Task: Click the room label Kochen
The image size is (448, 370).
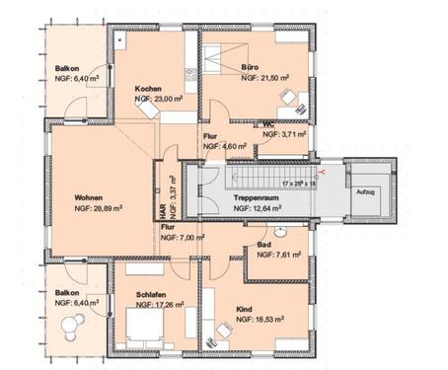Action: [148, 89]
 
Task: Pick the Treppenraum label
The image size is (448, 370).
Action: [253, 198]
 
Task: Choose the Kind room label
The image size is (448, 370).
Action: [244, 309]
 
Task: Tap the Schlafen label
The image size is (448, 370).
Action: [138, 294]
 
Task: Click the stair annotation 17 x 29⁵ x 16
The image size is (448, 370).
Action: [296, 183]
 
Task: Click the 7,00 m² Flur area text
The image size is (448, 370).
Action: [187, 237]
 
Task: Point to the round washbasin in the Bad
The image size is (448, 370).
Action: [281, 232]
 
